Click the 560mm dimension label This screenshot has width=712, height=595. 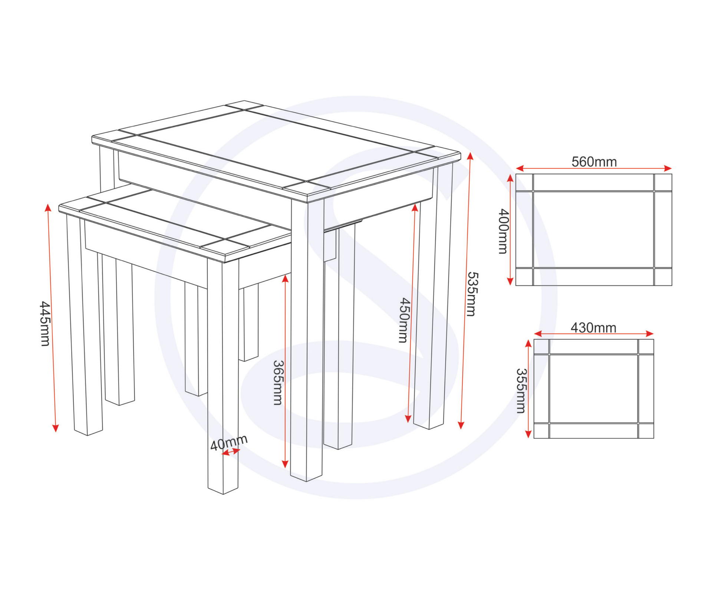click(594, 162)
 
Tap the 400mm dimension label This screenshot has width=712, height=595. click(503, 231)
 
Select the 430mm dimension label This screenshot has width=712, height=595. click(593, 328)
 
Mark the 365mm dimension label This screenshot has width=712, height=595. click(278, 382)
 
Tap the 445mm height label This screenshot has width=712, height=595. click(45, 324)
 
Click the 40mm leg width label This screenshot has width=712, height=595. click(229, 442)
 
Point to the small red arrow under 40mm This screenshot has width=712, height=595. click(231, 452)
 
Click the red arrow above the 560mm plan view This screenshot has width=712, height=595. click(594, 169)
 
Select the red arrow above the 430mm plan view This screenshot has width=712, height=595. click(593, 334)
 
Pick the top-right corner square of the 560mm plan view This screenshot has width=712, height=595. click(663, 183)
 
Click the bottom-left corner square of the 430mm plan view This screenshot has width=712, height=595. click(541, 431)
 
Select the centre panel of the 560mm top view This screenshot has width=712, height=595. click(594, 229)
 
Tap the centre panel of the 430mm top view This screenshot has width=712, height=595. click(593, 389)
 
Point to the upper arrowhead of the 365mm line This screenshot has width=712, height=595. click(285, 278)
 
